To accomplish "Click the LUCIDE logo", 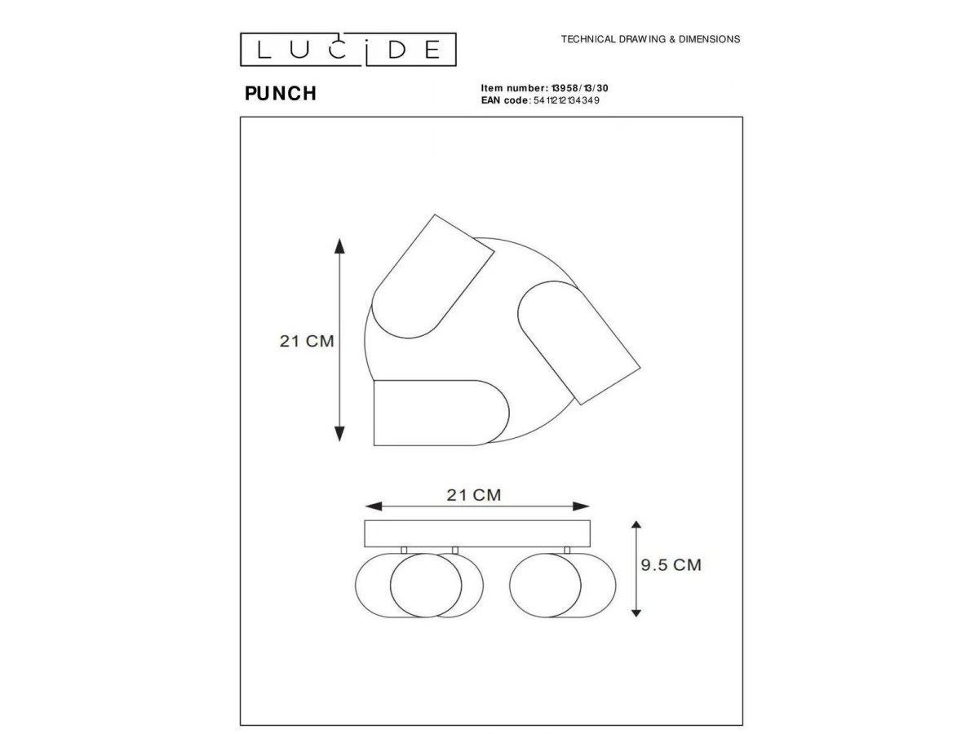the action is [348, 50].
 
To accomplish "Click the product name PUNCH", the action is [281, 94].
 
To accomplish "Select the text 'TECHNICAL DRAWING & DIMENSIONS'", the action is [650, 39].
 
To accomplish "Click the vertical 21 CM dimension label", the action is [307, 341].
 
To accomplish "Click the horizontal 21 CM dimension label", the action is [474, 495].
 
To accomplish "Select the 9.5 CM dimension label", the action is [671, 564].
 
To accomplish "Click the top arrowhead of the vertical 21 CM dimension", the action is [340, 245].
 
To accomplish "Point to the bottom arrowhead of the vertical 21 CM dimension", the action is [340, 434].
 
